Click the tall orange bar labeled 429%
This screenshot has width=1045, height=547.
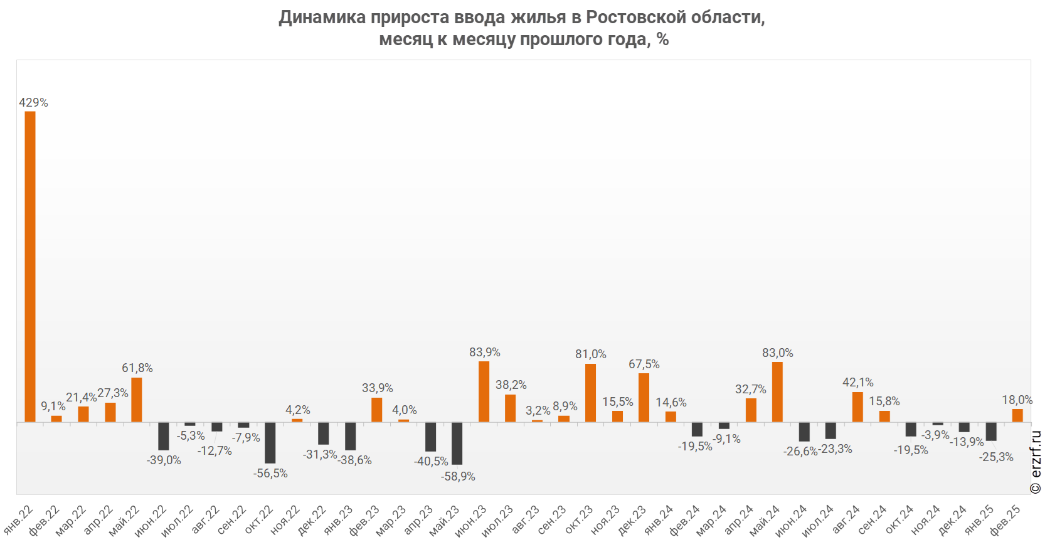(x=30, y=266)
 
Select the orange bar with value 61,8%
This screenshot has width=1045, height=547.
(x=137, y=400)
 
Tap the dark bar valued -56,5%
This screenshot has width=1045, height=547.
(x=270, y=443)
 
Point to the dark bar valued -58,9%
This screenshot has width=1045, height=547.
(x=457, y=443)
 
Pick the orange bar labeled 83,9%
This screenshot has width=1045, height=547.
(x=484, y=391)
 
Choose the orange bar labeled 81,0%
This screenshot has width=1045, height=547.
(x=590, y=393)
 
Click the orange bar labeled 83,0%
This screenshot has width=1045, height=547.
(x=777, y=392)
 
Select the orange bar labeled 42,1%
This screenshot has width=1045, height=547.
(x=857, y=406)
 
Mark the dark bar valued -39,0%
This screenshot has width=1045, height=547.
(x=164, y=436)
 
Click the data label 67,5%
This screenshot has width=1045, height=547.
(x=644, y=364)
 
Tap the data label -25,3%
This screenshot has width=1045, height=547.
(x=996, y=457)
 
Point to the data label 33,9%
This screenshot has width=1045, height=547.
(x=378, y=388)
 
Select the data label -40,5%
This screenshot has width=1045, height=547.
(x=431, y=462)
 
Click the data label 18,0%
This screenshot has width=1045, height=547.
(x=1017, y=400)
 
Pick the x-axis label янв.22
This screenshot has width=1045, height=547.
(x=19, y=519)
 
